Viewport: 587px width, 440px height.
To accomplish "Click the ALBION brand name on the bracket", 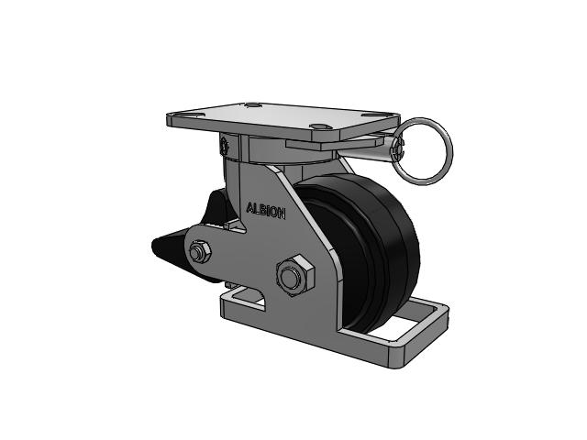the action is tap(266, 211).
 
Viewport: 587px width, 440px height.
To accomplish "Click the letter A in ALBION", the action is tap(250, 208).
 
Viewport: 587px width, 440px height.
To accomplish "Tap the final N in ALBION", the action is tap(282, 214).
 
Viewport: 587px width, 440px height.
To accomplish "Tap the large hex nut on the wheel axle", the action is tap(294, 275).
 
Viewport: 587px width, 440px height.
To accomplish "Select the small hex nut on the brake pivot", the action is tap(199, 252).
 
